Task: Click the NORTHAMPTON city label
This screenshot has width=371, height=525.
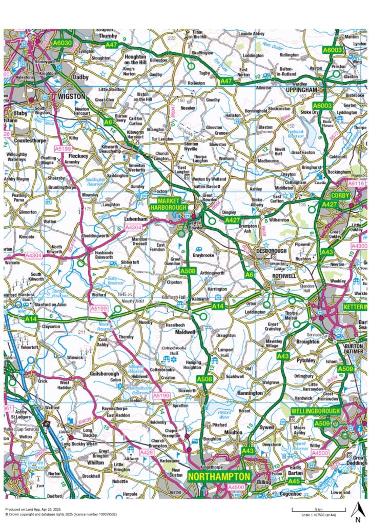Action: pyautogui.click(x=219, y=476)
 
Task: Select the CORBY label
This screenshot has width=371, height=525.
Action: pyautogui.click(x=340, y=196)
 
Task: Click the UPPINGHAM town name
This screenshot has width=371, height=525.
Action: pyautogui.click(x=303, y=90)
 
